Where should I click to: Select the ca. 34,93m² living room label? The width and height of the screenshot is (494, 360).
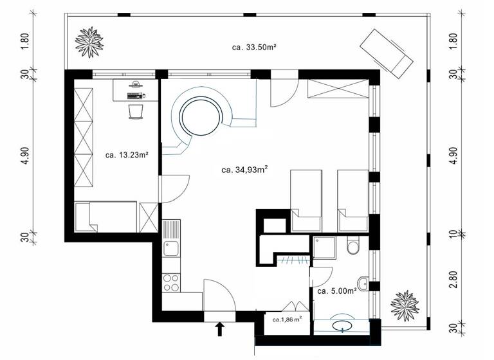click(x=244, y=170)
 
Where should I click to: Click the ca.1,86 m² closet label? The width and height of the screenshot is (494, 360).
click(x=286, y=319)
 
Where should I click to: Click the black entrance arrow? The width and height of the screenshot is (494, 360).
click(x=220, y=329)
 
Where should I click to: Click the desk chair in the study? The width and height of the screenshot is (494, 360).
click(x=135, y=111)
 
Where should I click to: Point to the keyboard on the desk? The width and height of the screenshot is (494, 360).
click(x=136, y=95)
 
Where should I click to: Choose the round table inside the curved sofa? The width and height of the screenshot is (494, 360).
click(x=199, y=116)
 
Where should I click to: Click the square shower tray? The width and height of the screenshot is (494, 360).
click(x=324, y=247)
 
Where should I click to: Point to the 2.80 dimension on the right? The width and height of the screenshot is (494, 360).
click(x=456, y=281)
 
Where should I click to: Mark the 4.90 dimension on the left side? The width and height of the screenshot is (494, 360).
click(x=25, y=154)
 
